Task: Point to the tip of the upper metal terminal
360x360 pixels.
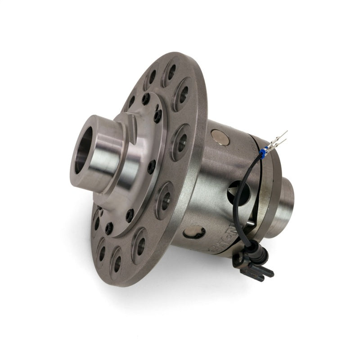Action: pos(286,132)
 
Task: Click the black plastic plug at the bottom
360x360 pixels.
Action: pos(256,267)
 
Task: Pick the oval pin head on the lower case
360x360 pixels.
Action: pos(194,232)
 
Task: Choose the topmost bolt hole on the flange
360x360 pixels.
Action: pos(171,71)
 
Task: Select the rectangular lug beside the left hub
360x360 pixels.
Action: pos(131,121)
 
